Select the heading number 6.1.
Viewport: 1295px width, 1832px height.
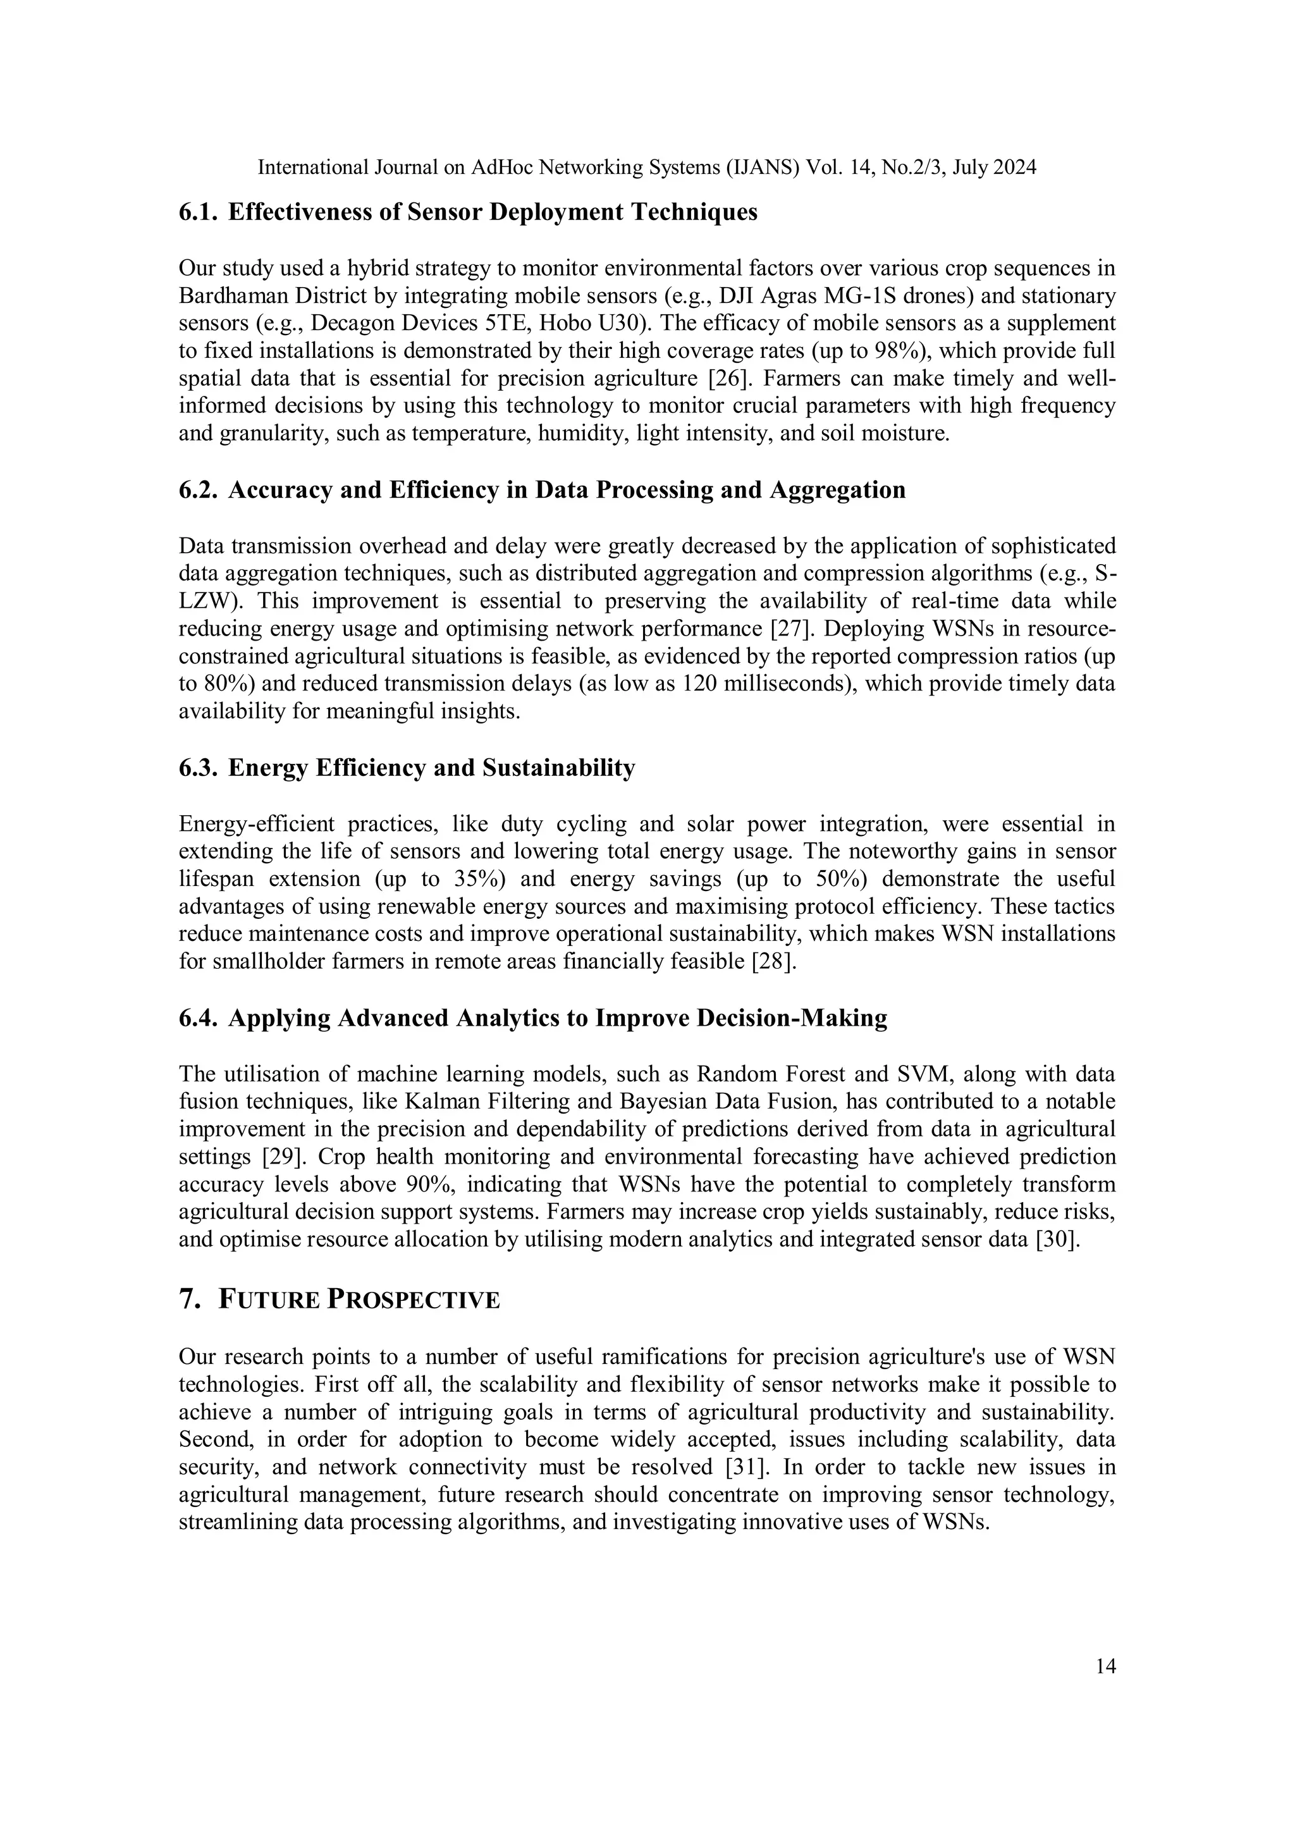198,212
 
